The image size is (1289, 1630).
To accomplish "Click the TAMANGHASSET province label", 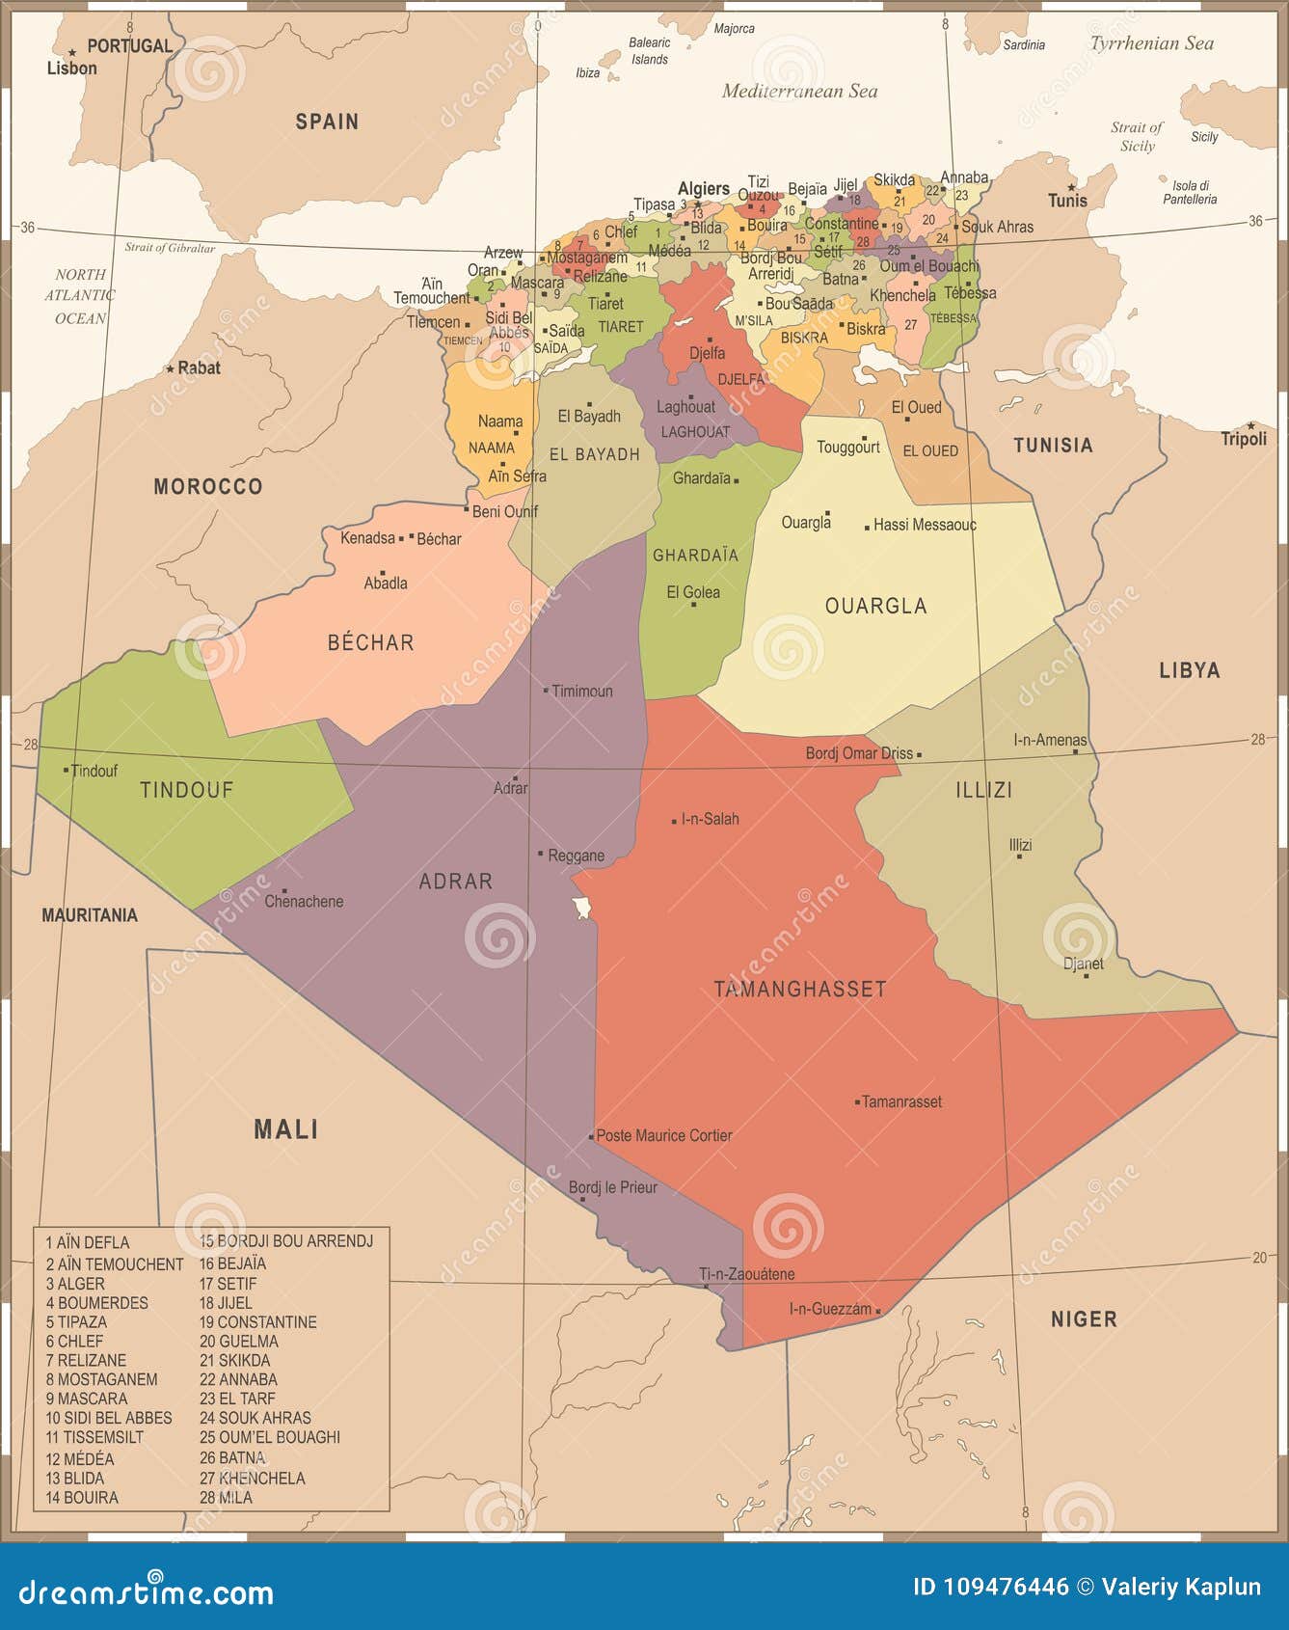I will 799,989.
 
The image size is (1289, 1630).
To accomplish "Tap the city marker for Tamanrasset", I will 857,1101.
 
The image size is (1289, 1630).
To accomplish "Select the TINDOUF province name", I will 186,790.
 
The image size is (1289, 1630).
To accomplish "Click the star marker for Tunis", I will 1071,187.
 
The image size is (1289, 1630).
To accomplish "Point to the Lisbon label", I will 72,68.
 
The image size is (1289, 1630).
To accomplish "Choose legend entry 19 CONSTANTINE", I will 257,1322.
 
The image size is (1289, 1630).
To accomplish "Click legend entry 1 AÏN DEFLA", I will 88,1242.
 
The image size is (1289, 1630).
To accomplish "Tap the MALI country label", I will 285,1129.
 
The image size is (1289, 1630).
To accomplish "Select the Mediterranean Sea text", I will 799,92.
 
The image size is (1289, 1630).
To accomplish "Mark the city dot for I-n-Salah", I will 675,821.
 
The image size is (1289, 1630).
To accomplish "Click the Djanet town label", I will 1083,964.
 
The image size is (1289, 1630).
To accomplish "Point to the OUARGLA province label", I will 875,606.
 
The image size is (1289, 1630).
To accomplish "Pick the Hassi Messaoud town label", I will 925,525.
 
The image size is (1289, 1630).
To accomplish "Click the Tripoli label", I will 1244,440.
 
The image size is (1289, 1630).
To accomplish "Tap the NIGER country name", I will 1084,1318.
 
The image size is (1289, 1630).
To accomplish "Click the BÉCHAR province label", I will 370,642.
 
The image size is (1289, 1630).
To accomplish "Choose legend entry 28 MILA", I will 227,1497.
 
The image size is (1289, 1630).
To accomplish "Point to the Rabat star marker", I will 171,368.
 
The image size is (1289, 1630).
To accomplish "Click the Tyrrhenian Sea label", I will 1151,43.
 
